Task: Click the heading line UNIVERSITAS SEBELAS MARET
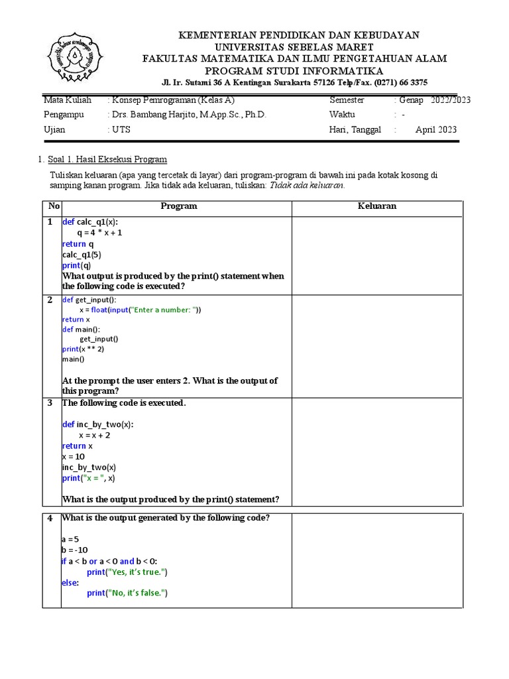click(x=294, y=46)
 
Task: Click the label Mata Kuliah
click(x=68, y=100)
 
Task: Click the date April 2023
click(x=435, y=130)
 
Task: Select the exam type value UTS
click(x=121, y=130)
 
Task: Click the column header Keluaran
click(x=376, y=206)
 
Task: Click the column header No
click(x=51, y=206)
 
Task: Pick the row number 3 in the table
click(x=50, y=403)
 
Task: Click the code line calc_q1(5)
click(x=82, y=255)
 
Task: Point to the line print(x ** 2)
click(x=84, y=349)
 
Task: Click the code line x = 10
click(x=74, y=457)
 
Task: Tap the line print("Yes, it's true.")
click(x=127, y=572)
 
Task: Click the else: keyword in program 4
click(x=70, y=582)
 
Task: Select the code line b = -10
click(x=74, y=550)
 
